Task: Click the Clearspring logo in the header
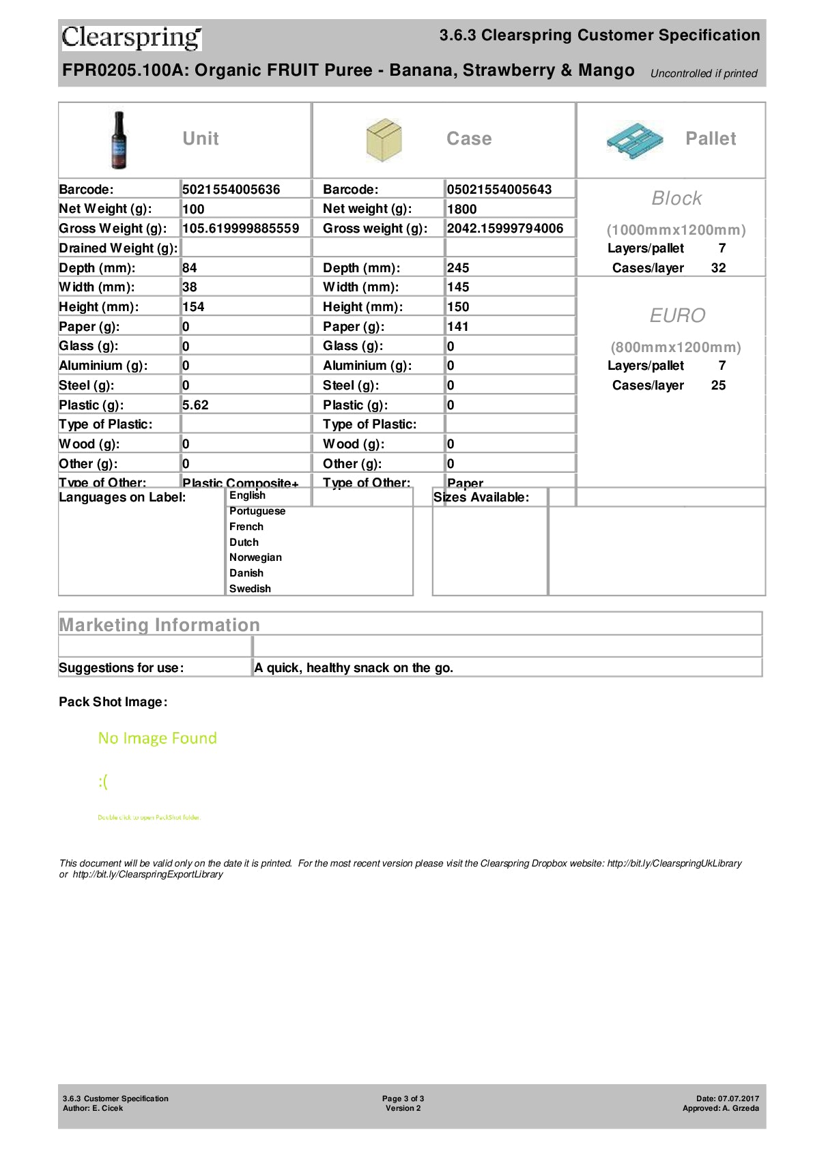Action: [132, 38]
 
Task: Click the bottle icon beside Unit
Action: [119, 140]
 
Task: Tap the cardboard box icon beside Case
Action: [384, 140]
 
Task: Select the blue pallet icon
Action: [635, 141]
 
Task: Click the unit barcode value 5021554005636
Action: [231, 190]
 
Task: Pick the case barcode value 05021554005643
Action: [499, 190]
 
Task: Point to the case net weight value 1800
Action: [462, 209]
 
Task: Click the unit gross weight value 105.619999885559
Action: [240, 229]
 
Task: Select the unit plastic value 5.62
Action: [195, 405]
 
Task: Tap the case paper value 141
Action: [457, 327]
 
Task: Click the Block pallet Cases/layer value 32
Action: [718, 268]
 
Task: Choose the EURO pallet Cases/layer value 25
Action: [718, 386]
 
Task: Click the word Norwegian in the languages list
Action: [255, 557]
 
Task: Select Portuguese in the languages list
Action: [257, 511]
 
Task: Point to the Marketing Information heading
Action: [160, 625]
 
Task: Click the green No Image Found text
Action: [158, 738]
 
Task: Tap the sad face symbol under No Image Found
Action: [103, 782]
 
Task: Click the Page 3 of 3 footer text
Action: [403, 1099]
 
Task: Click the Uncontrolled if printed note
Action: [704, 74]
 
